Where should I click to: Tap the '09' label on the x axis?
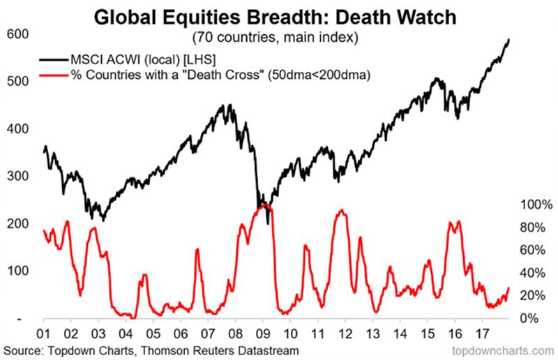pyautogui.click(x=262, y=333)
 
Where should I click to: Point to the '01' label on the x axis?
pyautogui.click(x=44, y=333)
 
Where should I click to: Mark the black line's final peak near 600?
pyautogui.click(x=508, y=40)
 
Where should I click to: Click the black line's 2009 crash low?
pyautogui.click(x=268, y=223)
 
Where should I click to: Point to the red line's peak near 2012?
pyautogui.click(x=341, y=210)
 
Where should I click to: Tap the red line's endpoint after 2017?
pyautogui.click(x=508, y=287)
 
